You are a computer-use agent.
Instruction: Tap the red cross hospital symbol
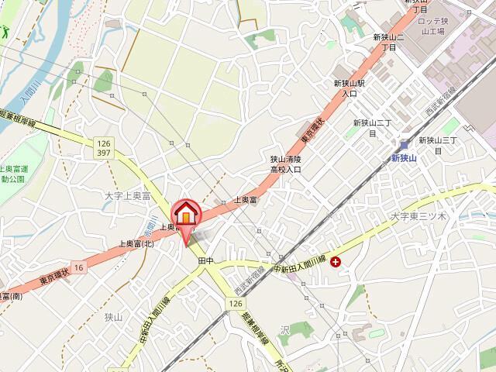pyautogui.click(x=335, y=263)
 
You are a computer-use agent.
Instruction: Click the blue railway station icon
pyautogui.click(x=404, y=144)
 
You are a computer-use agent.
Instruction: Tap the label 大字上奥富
pyautogui.click(x=128, y=198)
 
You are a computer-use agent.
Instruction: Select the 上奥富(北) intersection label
pyautogui.click(x=136, y=243)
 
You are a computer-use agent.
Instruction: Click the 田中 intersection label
pyautogui.click(x=205, y=259)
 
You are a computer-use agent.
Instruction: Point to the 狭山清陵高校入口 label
pyautogui.click(x=285, y=163)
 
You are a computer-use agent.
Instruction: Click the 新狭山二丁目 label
pyautogui.click(x=384, y=43)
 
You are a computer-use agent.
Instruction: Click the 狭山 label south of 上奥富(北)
pyautogui.click(x=114, y=317)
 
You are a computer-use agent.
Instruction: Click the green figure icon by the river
pyautogui.click(x=4, y=33)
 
